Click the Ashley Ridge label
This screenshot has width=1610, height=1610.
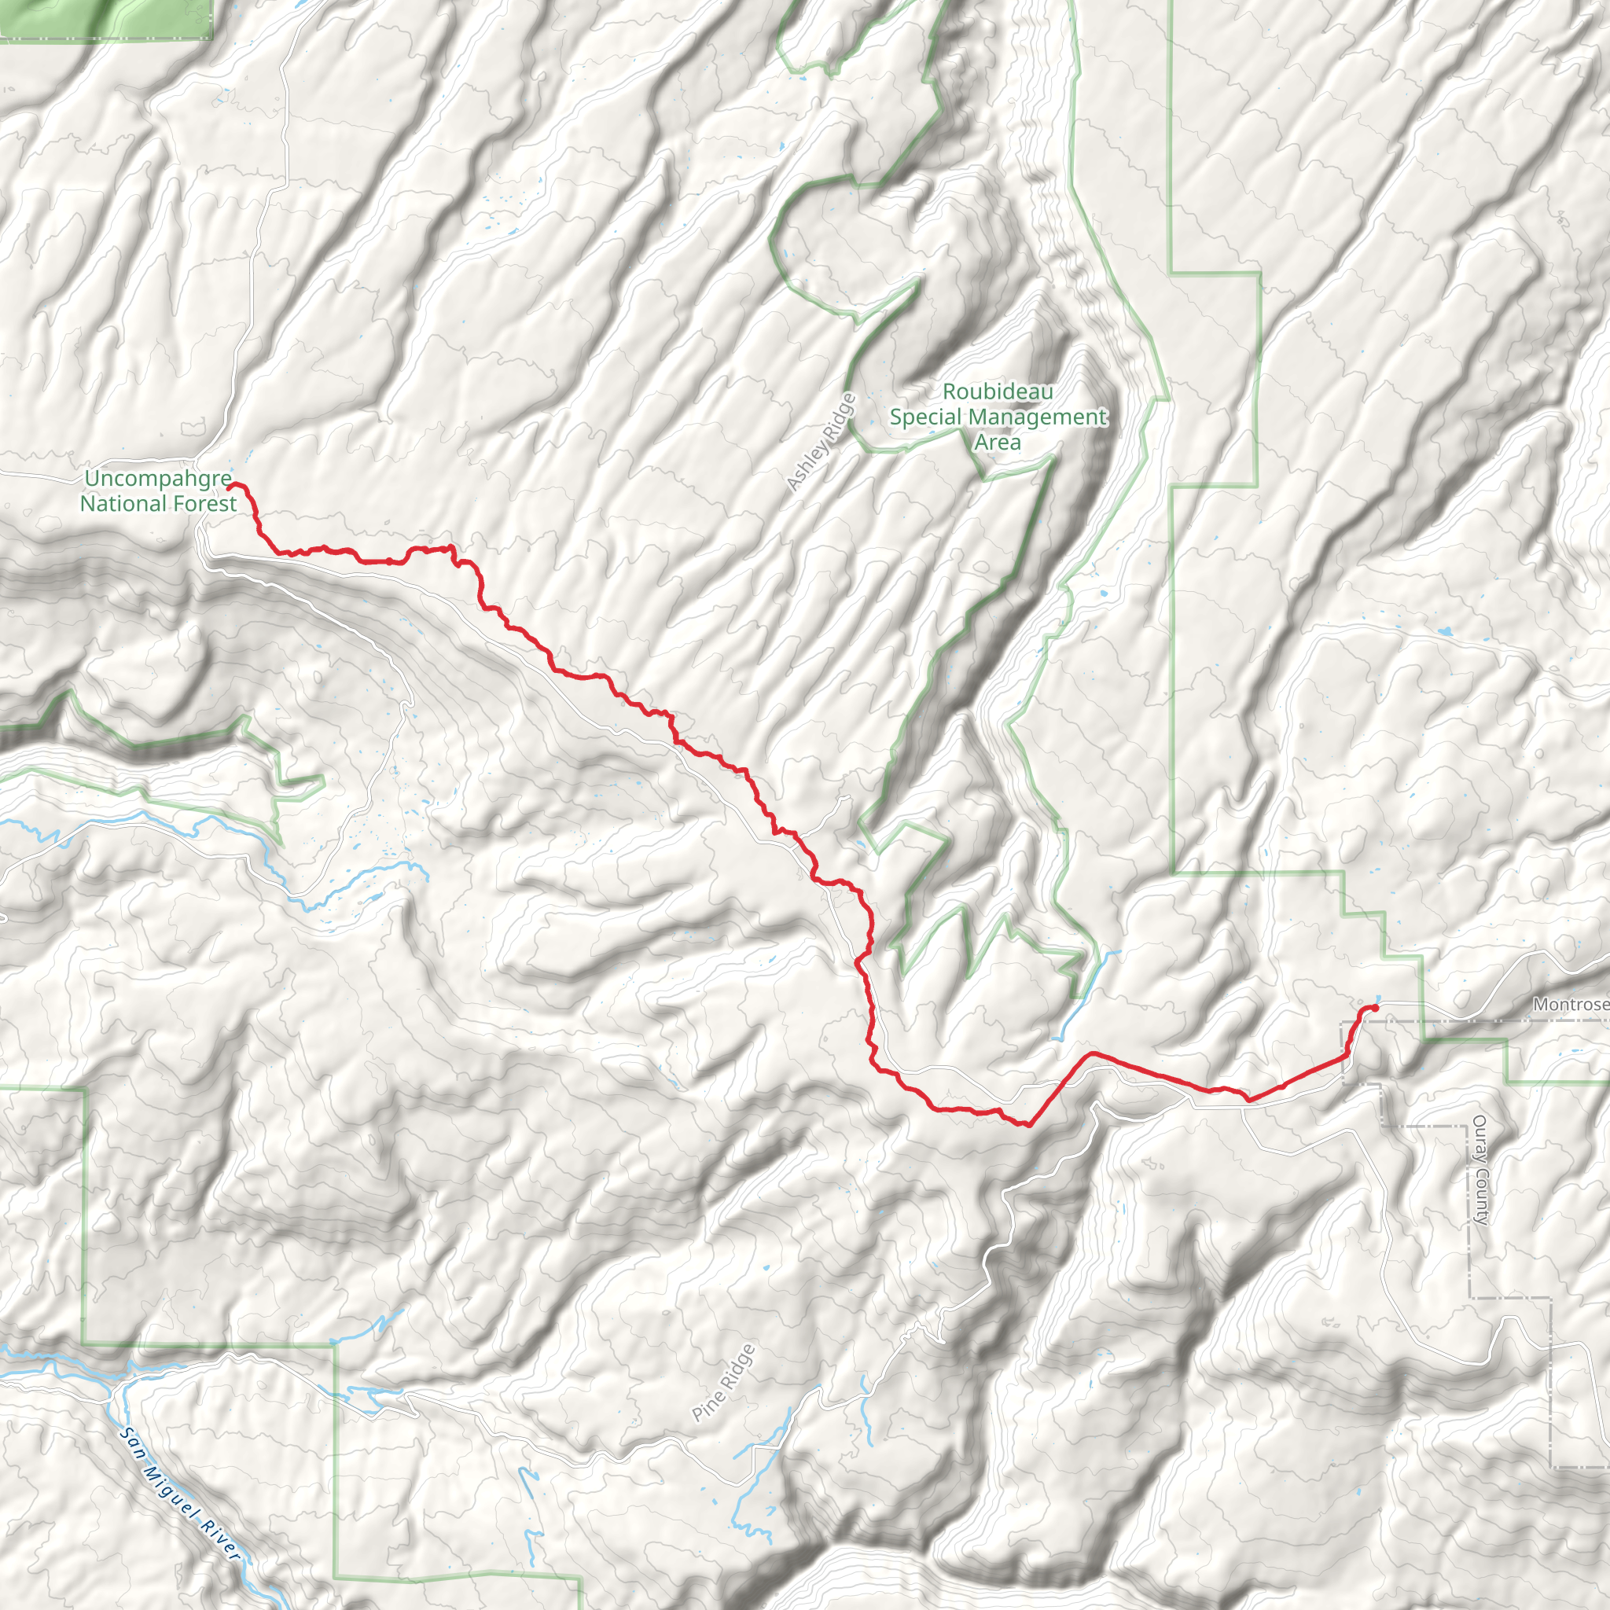coord(821,442)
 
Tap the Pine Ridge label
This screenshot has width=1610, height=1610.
coord(723,1383)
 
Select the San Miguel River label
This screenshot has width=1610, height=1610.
coord(180,1495)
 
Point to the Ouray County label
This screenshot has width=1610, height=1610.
coord(1480,1170)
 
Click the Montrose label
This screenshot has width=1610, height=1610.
coord(1571,1004)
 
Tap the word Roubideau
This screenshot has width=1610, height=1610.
coord(998,391)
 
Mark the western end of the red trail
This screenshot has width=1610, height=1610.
coord(230,486)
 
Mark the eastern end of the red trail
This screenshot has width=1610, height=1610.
coord(1375,1009)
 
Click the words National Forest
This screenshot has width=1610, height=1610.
coord(158,503)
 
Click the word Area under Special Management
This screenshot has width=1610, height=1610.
coord(998,442)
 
